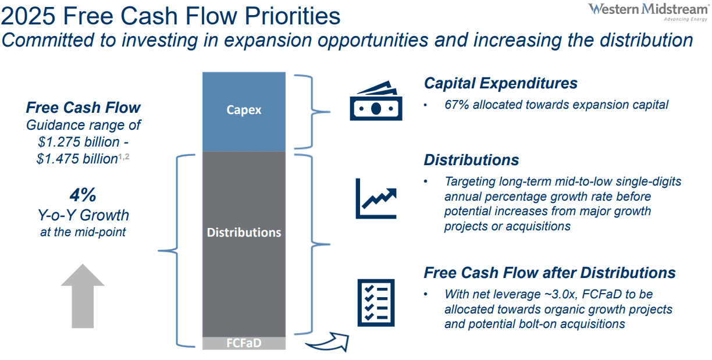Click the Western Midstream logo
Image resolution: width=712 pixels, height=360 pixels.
[x=649, y=12]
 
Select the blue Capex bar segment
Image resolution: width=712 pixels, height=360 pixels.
[x=244, y=112]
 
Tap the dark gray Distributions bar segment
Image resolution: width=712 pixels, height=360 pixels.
[x=244, y=244]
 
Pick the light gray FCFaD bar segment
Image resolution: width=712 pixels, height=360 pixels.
[x=244, y=343]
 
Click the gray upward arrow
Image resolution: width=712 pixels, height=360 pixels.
[x=83, y=296]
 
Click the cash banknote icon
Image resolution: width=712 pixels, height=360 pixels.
[x=376, y=101]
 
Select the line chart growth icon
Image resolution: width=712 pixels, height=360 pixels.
[x=376, y=198]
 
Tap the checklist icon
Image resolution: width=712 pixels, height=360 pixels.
[x=376, y=303]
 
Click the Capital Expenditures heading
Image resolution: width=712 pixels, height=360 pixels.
[x=501, y=84]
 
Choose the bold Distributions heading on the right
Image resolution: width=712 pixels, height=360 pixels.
[x=471, y=160]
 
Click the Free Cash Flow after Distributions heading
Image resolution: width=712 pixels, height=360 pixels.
[x=550, y=273]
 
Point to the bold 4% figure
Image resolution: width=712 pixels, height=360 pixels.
[x=83, y=195]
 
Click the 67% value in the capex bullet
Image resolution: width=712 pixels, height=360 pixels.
[x=457, y=105]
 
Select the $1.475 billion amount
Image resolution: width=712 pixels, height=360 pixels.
[x=77, y=159]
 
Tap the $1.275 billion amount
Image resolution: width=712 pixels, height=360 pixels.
[x=79, y=142]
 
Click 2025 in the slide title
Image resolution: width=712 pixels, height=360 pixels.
[x=28, y=16]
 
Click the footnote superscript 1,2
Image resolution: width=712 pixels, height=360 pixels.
[x=124, y=156]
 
